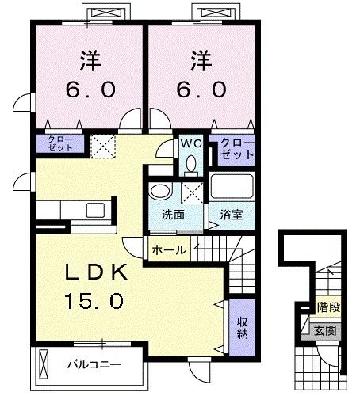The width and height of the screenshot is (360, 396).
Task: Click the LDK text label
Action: click(x=96, y=273)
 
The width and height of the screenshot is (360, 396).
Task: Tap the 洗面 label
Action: click(x=173, y=214)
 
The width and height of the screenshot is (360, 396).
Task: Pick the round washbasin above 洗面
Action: click(x=161, y=193)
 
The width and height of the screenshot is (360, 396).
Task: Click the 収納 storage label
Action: click(x=242, y=326)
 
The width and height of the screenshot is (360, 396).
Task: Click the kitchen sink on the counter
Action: click(x=97, y=210)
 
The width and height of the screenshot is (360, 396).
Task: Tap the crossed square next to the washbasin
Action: click(x=190, y=192)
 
